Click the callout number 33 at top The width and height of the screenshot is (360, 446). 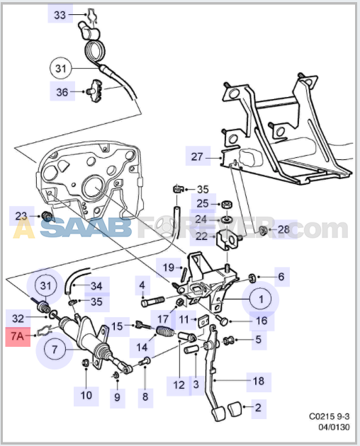[60, 14]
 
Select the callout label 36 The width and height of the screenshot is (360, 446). [62, 91]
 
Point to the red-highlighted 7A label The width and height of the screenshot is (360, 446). [17, 337]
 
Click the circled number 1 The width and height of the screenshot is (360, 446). [260, 299]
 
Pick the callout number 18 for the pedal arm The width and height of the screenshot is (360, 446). [259, 381]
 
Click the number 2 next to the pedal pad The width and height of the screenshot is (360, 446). [257, 407]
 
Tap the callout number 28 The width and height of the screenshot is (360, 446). [283, 229]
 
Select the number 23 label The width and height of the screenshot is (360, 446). [21, 215]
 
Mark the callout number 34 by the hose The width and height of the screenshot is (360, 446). [96, 286]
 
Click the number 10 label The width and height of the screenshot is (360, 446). [86, 394]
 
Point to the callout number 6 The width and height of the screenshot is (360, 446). [281, 278]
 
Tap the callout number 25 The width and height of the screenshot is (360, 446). [202, 204]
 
